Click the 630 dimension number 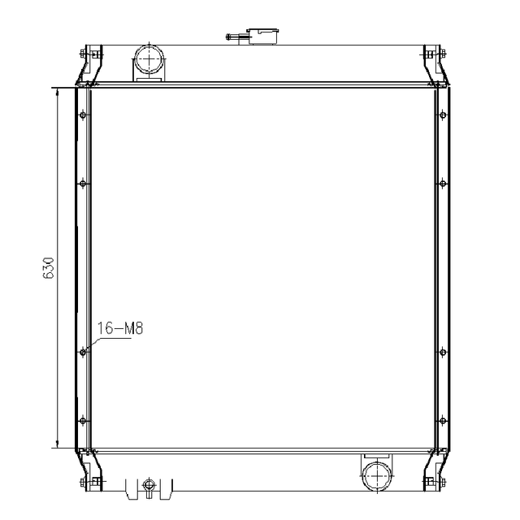49,269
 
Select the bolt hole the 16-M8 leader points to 83,352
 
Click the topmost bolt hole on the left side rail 83,115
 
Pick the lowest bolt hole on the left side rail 83,420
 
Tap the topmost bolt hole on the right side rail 442,115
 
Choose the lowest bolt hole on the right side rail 442,420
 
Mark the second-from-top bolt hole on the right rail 442,183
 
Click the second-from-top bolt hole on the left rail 83,183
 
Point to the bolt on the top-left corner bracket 84,54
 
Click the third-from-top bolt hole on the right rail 442,352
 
